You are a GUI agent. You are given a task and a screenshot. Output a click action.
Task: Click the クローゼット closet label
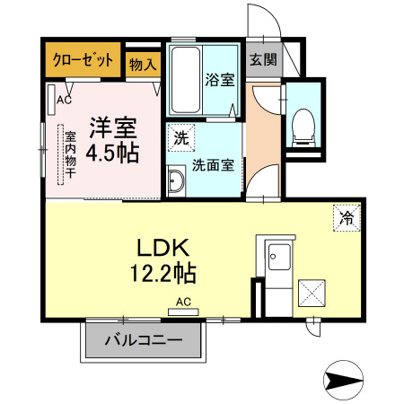(83, 60)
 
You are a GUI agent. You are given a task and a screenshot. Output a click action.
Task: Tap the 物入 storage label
(143, 64)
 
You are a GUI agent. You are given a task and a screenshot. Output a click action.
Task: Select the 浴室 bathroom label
(219, 80)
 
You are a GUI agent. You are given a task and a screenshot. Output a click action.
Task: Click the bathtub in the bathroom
(186, 80)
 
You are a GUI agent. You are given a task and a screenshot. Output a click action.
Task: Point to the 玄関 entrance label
(263, 59)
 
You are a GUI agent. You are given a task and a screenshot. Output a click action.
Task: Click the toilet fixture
(303, 127)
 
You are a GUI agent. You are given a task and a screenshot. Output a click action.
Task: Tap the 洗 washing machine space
(181, 137)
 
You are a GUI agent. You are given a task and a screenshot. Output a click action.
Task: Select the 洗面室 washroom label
(213, 165)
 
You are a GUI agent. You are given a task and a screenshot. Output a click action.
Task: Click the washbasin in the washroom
(176, 180)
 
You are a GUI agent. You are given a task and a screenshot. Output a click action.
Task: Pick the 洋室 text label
(113, 127)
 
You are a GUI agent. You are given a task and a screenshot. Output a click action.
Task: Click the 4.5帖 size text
(112, 153)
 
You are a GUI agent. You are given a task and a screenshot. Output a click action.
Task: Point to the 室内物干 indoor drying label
(71, 154)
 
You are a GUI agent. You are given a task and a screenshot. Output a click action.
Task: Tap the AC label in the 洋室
(64, 100)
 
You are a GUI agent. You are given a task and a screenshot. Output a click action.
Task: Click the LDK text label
(163, 247)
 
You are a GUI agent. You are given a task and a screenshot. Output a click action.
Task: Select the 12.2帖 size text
(163, 273)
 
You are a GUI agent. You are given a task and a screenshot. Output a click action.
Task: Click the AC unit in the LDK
(183, 312)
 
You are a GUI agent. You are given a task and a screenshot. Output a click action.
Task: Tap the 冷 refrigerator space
(347, 218)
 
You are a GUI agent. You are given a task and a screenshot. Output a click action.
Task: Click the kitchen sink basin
(279, 257)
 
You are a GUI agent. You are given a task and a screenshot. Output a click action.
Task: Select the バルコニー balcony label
(144, 340)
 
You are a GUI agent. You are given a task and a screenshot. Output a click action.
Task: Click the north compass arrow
(343, 380)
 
